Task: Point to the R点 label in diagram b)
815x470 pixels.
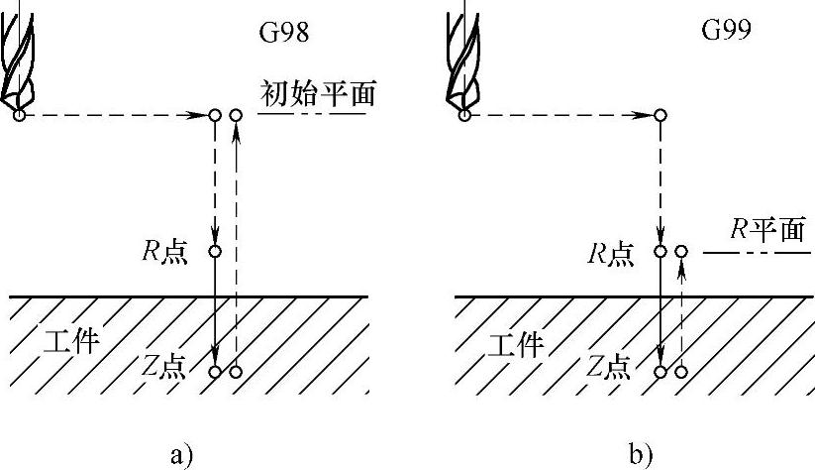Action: pos(610,253)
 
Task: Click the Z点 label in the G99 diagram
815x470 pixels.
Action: pos(608,368)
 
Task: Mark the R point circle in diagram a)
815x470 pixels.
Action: pos(215,252)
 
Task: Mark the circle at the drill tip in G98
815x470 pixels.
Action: pos(19,116)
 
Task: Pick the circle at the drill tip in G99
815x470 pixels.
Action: pos(463,116)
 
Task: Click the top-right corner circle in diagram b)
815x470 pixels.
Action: pos(661,116)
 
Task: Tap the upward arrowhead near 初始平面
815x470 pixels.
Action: pos(235,135)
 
